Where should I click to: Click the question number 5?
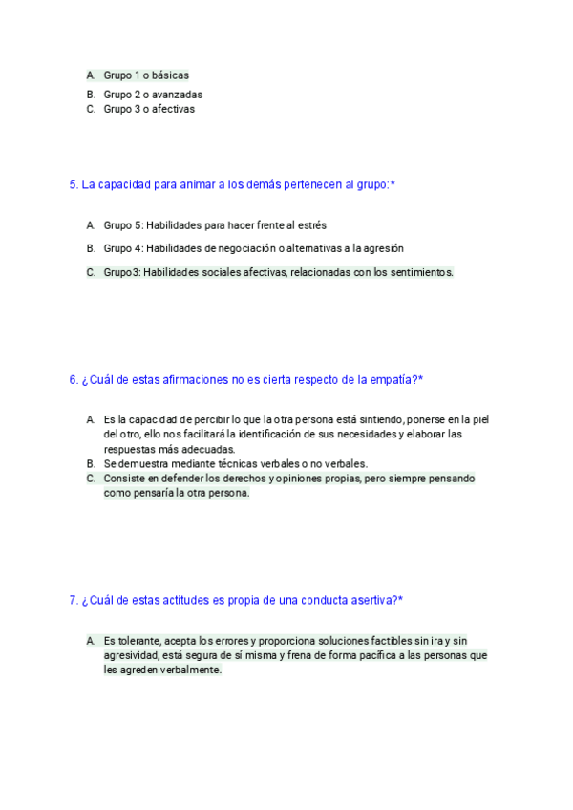74,184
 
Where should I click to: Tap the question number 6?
74,379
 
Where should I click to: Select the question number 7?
74,600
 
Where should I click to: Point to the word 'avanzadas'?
177,95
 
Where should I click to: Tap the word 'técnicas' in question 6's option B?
229,463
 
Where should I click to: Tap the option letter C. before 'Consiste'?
91,478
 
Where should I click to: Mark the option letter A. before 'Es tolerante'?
91,640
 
